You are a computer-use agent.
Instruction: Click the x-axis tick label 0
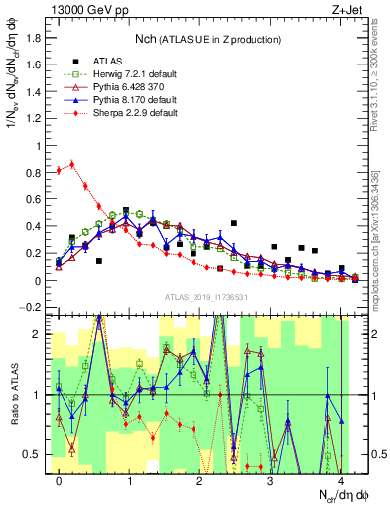(60, 481)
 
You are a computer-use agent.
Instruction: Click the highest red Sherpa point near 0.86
(71, 165)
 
